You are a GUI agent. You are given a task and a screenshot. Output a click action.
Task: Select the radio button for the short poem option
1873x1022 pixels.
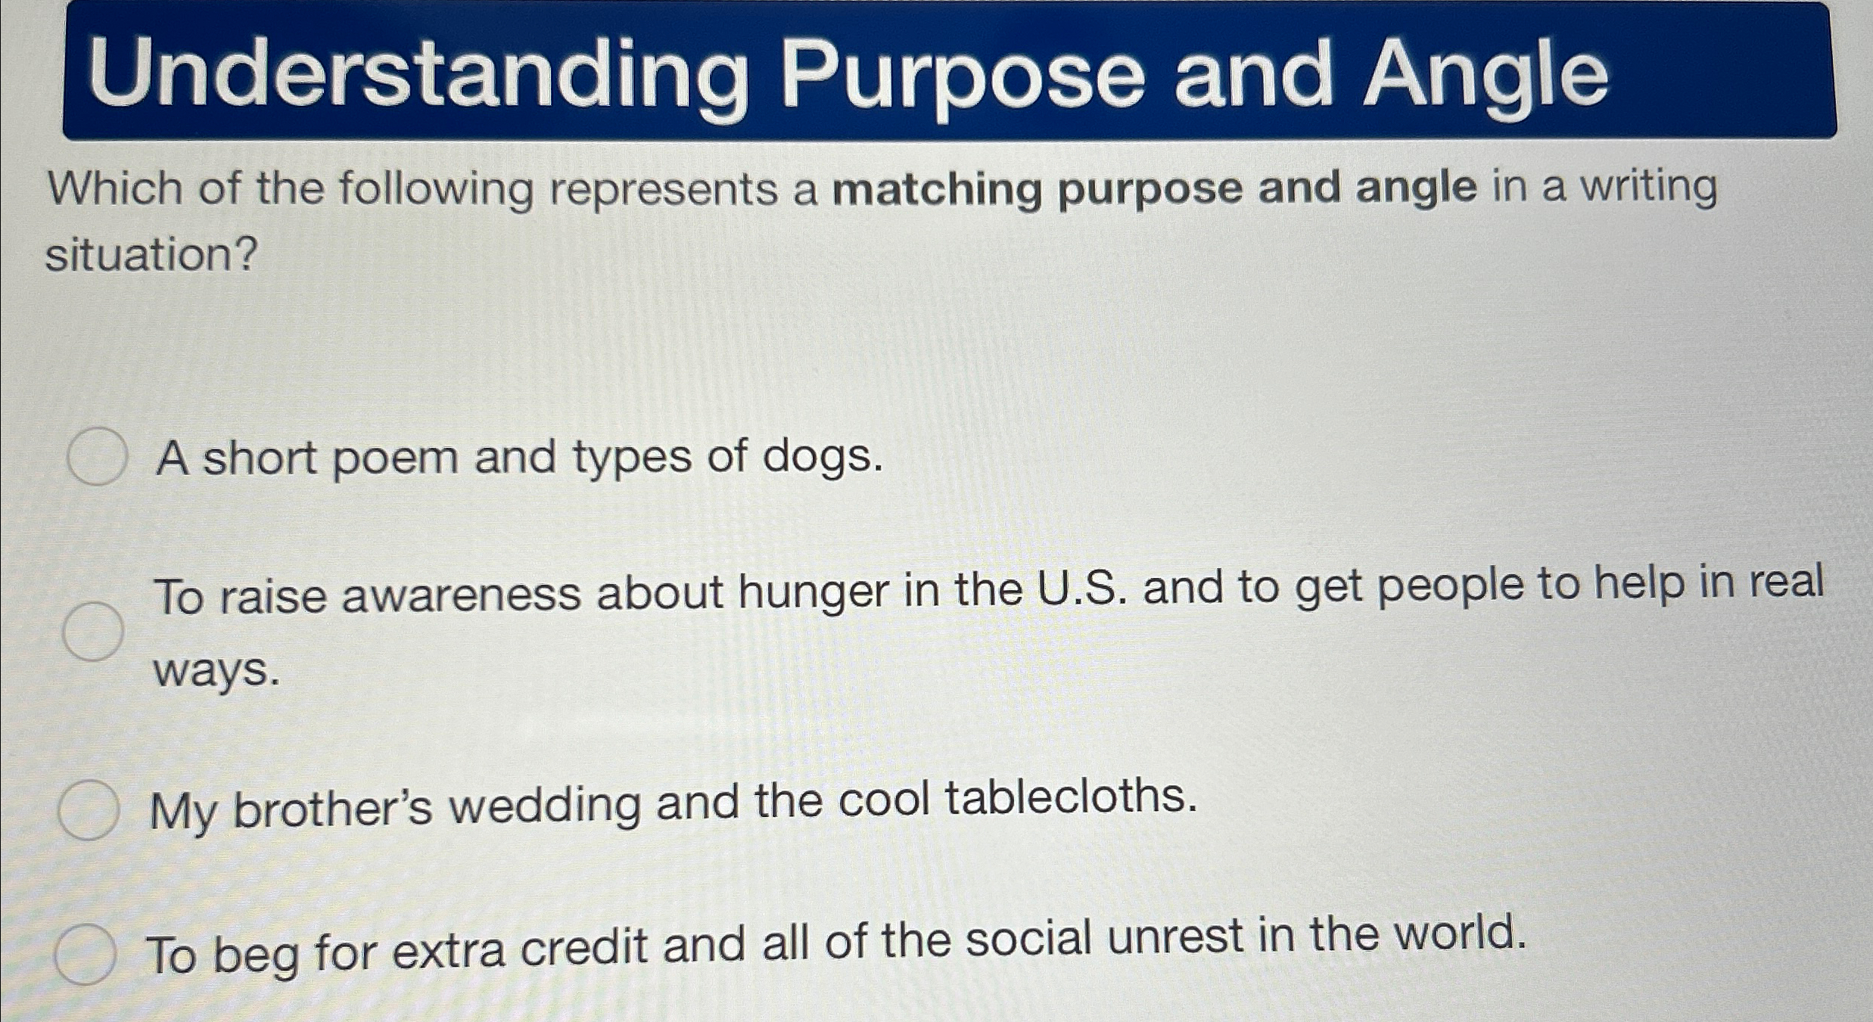[96, 456]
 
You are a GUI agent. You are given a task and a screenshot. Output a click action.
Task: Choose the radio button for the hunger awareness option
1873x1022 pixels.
[92, 631]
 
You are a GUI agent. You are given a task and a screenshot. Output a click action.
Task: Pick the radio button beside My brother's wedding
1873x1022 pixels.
[89, 810]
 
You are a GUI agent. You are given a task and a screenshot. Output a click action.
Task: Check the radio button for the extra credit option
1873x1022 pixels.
[85, 954]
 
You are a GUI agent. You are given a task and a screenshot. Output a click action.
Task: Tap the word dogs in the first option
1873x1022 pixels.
[822, 457]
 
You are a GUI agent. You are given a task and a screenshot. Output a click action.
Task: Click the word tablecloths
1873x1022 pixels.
[1072, 797]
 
